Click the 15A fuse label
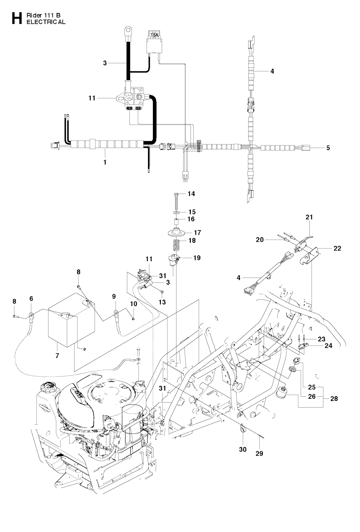click(154, 35)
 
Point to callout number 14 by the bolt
click(191, 194)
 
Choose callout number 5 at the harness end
click(328, 148)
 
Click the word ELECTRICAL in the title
click(46, 22)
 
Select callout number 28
click(334, 398)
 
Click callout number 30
click(243, 449)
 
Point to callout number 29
click(259, 454)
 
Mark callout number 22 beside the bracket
click(337, 248)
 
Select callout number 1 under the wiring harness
click(105, 162)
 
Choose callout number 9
click(114, 297)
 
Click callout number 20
click(260, 240)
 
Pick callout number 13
click(162, 302)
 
